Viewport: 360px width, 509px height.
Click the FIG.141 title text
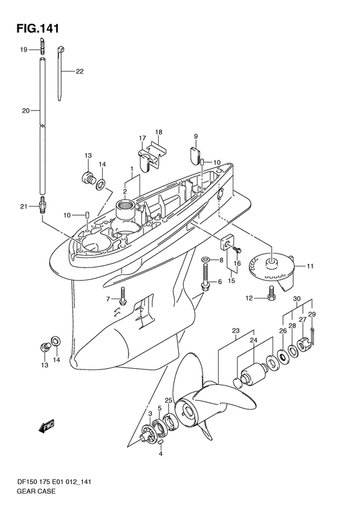(38, 29)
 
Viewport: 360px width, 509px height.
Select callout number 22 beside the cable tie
(80, 71)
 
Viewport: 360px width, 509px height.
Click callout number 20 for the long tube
(26, 111)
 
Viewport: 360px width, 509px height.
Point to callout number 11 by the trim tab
(310, 266)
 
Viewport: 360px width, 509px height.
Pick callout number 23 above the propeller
(236, 331)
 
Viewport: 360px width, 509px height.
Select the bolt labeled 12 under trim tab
(271, 294)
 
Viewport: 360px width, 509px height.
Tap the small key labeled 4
(160, 443)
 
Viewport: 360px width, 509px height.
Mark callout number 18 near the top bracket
(159, 132)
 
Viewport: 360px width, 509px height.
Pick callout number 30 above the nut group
(297, 299)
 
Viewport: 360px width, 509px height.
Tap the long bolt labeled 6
(205, 276)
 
